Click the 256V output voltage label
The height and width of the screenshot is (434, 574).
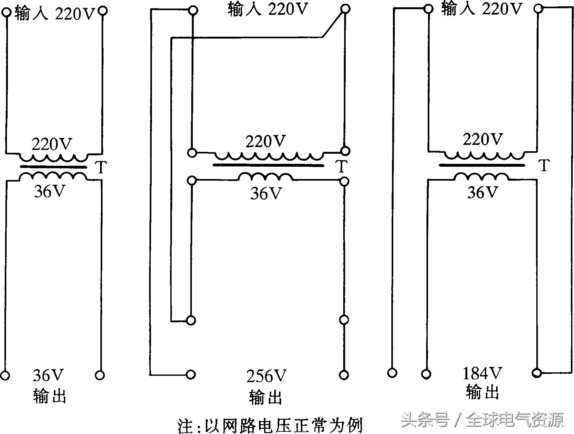[x=266, y=376]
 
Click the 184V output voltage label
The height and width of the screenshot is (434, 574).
[x=482, y=374]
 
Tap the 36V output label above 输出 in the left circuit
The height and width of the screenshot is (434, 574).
[x=48, y=375]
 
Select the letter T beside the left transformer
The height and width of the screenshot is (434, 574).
[x=101, y=167]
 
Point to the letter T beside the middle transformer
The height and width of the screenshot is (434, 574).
[x=341, y=166]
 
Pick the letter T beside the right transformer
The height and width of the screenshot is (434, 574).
[x=544, y=165]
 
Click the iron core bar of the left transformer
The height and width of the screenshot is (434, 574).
[x=53, y=167]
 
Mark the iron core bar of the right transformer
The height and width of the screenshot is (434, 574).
[x=482, y=165]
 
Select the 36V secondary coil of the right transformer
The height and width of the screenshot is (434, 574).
[x=482, y=177]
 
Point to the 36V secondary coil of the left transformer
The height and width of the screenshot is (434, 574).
[x=53, y=176]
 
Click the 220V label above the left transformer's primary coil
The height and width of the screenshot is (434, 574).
[x=52, y=145]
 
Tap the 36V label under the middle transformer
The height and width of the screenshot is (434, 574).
[x=266, y=193]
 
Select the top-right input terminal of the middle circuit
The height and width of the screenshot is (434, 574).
[x=345, y=9]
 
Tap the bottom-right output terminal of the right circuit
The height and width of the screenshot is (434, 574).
[x=537, y=373]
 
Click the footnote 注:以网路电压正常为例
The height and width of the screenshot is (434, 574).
[x=270, y=426]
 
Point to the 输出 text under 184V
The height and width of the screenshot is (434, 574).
[x=482, y=393]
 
